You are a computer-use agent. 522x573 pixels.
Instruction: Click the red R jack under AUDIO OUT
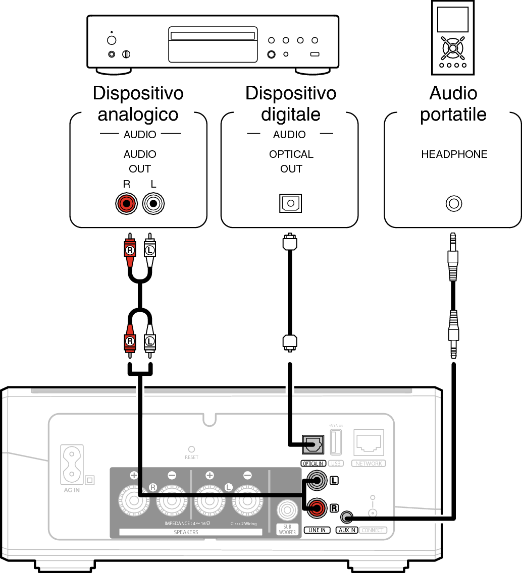pyautogui.click(x=126, y=204)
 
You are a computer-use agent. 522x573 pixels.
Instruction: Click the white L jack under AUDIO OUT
pyautogui.click(x=153, y=204)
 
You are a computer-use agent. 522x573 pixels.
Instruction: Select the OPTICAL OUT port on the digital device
pyautogui.click(x=290, y=204)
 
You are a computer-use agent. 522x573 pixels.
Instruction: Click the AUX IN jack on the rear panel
pyautogui.click(x=346, y=517)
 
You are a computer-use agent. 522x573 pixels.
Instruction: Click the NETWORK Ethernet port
pyautogui.click(x=369, y=443)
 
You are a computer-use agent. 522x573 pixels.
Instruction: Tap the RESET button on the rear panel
pyautogui.click(x=191, y=449)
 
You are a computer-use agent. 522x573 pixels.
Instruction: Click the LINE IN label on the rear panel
pyautogui.click(x=318, y=531)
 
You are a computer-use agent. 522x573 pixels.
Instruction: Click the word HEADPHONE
pyautogui.click(x=454, y=154)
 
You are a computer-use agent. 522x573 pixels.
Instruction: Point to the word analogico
pyautogui.click(x=138, y=114)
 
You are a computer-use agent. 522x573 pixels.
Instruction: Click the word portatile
pyautogui.click(x=453, y=114)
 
